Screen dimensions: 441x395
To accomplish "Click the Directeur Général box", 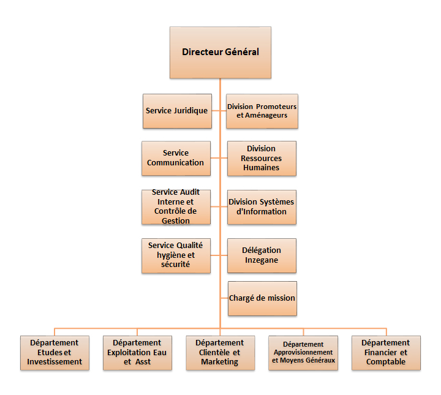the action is (x=221, y=52).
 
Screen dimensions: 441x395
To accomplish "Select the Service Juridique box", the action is (x=177, y=111).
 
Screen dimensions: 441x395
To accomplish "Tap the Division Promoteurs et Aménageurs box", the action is (x=262, y=111).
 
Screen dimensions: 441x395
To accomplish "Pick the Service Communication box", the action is (x=176, y=158).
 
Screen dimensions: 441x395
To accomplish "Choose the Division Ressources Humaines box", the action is (x=262, y=158).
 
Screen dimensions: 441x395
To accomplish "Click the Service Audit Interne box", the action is (x=176, y=207).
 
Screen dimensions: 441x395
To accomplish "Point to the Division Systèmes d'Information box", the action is (x=262, y=207).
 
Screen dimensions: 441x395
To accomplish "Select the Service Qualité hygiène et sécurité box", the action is (x=176, y=255).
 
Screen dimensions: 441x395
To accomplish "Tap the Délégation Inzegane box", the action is (x=262, y=255).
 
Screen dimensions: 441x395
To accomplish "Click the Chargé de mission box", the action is (x=262, y=298).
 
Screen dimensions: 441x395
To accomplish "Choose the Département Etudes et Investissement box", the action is (x=55, y=353).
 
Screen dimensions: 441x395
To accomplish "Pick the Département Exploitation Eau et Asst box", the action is (x=137, y=353).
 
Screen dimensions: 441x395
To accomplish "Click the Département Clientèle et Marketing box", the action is (x=221, y=353).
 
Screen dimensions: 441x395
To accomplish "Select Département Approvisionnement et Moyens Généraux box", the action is (x=303, y=353).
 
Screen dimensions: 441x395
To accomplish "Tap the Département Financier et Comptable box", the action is (x=386, y=353).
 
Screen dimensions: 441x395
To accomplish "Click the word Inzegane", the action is (x=262, y=260).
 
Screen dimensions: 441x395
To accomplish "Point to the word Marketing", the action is (x=220, y=362).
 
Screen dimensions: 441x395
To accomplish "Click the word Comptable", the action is (x=386, y=362).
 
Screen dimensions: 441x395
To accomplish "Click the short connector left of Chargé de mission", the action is (x=224, y=298).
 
